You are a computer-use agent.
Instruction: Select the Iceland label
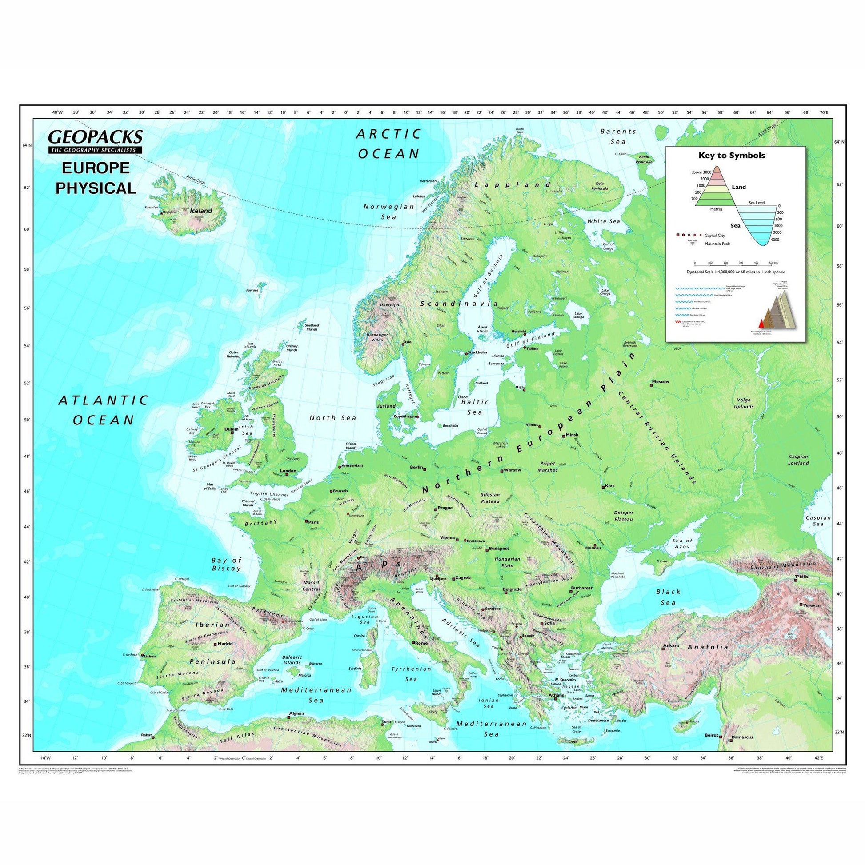click(x=201, y=210)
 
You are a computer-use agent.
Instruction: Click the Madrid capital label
click(x=225, y=644)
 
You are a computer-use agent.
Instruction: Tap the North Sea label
click(x=332, y=418)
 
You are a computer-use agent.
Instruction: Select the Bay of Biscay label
click(x=226, y=564)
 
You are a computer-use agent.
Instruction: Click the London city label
click(x=288, y=471)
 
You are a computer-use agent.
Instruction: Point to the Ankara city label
click(x=671, y=645)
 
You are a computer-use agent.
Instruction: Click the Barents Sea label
click(x=618, y=136)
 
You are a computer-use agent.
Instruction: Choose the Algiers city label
click(x=297, y=726)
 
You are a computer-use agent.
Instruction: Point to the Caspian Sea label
click(x=818, y=520)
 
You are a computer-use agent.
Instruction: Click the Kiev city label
click(x=610, y=486)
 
